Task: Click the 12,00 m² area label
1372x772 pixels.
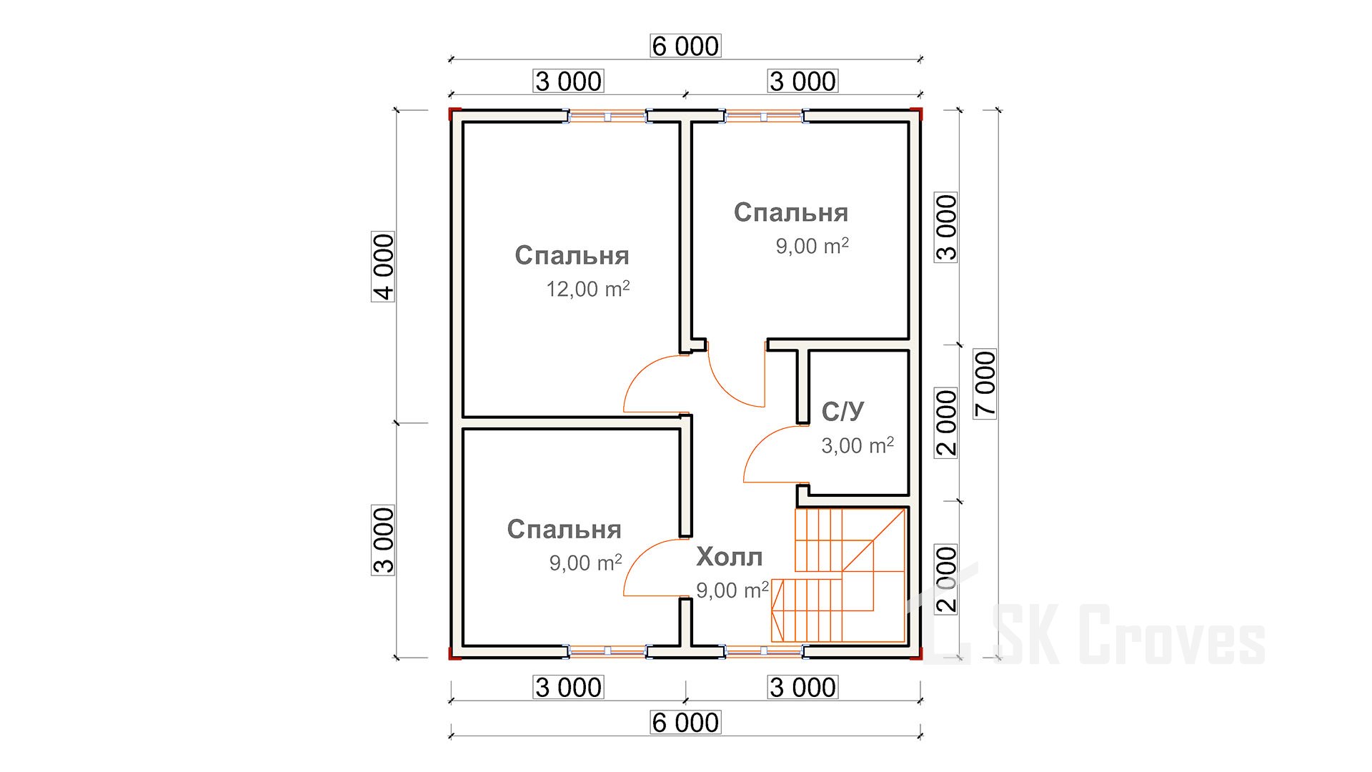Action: point(588,289)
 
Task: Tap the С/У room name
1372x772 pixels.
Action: point(842,411)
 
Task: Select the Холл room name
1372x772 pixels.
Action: point(730,557)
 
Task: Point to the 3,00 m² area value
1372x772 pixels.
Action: point(857,445)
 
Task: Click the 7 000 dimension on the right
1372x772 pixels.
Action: point(985,384)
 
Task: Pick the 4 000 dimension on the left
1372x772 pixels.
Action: point(383,267)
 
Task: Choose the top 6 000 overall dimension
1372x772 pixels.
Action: point(685,46)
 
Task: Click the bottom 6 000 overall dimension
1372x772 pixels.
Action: point(685,723)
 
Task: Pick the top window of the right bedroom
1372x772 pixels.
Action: point(764,116)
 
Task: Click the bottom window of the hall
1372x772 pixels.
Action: point(764,651)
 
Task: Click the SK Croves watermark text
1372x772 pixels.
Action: point(1129,635)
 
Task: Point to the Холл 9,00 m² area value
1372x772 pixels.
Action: point(732,590)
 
